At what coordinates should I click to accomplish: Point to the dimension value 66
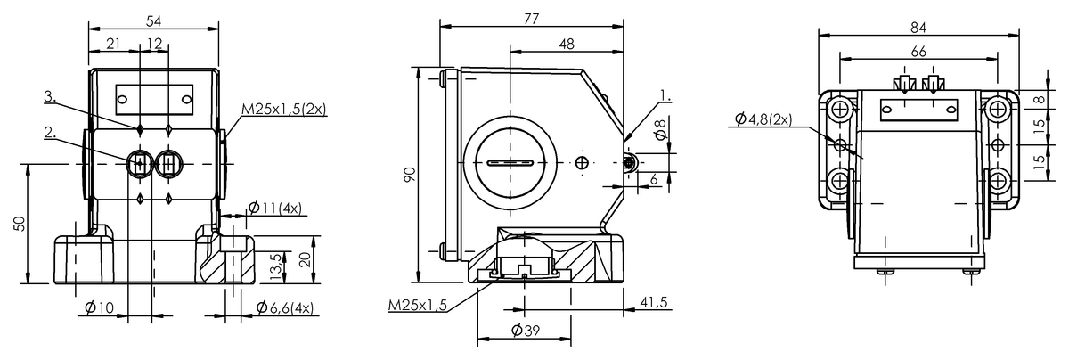(x=919, y=51)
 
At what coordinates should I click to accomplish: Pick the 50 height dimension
(x=20, y=223)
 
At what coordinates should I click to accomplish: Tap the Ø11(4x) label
(x=274, y=209)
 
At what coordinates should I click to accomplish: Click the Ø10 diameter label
(x=101, y=307)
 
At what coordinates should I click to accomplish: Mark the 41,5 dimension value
(x=656, y=304)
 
